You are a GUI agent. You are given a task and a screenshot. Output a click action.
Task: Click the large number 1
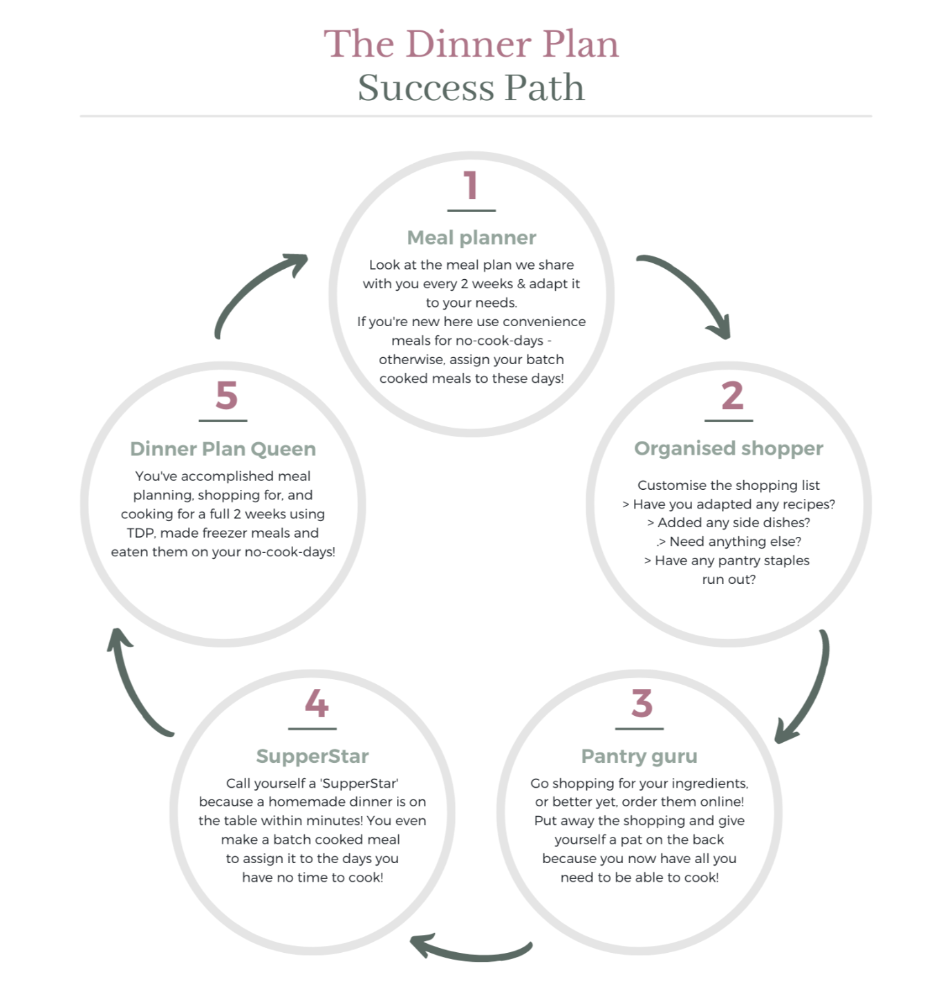(471, 186)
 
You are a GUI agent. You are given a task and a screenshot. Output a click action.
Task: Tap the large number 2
(732, 396)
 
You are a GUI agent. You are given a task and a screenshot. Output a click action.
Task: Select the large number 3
(642, 703)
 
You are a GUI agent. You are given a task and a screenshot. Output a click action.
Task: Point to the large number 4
(316, 703)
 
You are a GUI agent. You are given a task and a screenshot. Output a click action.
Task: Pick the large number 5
(226, 396)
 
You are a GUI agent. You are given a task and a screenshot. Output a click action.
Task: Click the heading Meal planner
(472, 238)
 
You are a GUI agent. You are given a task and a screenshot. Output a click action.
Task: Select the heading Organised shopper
(729, 448)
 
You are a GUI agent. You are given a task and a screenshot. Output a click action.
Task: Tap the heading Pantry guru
(639, 756)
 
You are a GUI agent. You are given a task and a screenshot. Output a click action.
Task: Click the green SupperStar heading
(312, 756)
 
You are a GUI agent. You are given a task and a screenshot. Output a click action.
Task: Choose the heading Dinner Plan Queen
(223, 449)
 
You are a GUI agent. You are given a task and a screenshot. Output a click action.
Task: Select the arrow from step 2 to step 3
(809, 691)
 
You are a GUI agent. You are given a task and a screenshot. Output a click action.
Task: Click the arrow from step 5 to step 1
(256, 290)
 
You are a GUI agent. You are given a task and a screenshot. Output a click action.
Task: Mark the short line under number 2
(729, 420)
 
